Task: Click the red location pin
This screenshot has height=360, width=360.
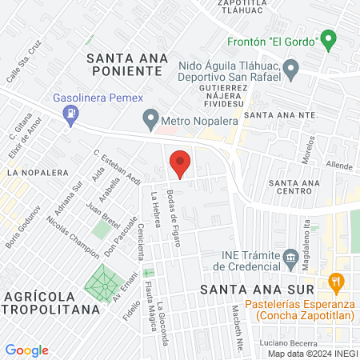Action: (181, 163)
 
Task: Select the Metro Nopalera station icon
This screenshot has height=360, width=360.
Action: (150, 122)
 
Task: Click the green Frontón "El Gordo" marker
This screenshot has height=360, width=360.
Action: (326, 38)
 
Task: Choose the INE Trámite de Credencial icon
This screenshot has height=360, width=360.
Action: (291, 257)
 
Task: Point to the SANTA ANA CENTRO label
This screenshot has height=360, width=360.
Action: (294, 187)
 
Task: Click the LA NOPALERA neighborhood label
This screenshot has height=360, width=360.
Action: (34, 172)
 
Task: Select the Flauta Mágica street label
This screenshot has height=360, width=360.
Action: (149, 287)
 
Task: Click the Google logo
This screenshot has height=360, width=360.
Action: (26, 350)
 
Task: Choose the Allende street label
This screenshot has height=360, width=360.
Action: (340, 166)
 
